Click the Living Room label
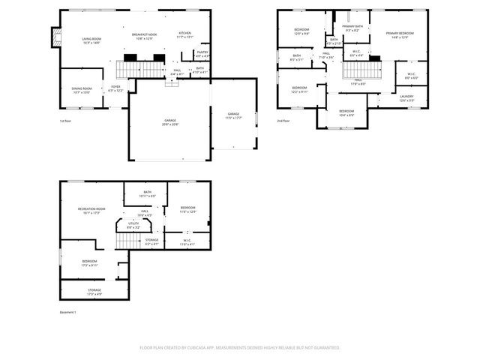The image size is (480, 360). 91,40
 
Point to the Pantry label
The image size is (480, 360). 202,54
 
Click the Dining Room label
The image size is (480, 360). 81,90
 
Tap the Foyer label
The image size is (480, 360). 115,88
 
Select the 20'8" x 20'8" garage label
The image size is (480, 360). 170,121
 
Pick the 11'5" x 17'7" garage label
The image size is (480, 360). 232,115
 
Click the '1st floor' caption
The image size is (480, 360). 66,120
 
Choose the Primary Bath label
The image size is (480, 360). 352,28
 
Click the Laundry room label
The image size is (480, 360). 406,97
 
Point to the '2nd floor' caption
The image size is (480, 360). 283,120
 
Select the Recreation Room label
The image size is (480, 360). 91,211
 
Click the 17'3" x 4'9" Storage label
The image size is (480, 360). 94,292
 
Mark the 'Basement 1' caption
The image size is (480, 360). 67,312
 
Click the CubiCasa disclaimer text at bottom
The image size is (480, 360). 240,348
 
